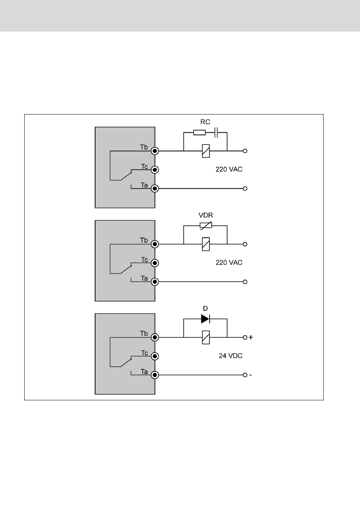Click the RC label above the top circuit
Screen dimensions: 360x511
[205, 122]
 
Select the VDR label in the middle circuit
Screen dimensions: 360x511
[206, 215]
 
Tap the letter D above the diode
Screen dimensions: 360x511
[205, 309]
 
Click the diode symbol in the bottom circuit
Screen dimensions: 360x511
[205, 319]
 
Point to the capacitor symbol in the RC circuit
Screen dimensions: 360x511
[216, 133]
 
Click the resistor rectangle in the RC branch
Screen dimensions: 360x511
[199, 133]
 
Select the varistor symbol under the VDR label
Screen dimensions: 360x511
[206, 226]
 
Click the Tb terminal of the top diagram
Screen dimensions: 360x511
[155, 151]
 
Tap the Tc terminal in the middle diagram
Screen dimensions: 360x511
[155, 263]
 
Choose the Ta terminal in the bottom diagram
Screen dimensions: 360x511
[155, 375]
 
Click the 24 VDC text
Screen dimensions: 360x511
[230, 356]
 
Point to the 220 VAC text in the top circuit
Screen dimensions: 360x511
[229, 169]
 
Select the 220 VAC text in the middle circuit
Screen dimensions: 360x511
[229, 263]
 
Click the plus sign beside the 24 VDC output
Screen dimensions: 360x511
[251, 337]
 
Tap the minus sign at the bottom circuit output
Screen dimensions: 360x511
[250, 375]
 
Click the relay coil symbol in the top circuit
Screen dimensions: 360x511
[206, 151]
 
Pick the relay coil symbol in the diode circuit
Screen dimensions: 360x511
[206, 337]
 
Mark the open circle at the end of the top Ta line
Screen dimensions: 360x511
[245, 188]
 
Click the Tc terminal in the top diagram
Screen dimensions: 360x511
[155, 170]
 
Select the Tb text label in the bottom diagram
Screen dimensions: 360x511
[144, 334]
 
